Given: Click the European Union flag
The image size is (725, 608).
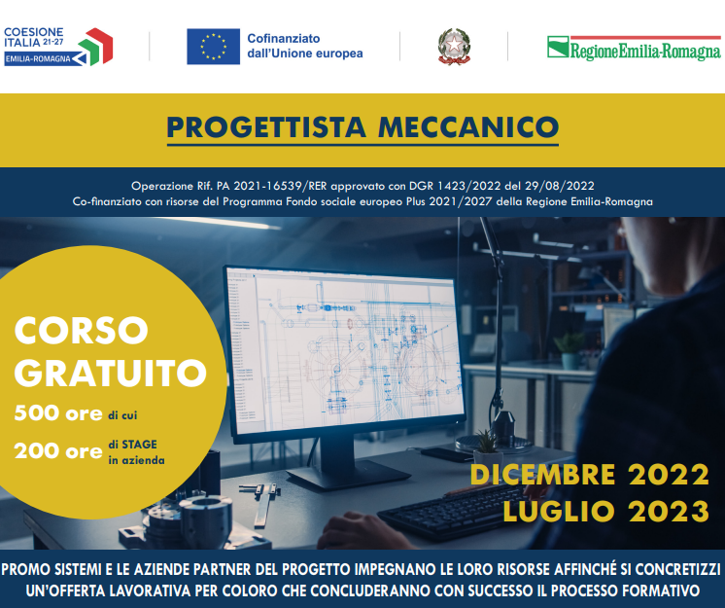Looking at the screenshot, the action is tap(213, 47).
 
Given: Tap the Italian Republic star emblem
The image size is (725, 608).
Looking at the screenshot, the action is tap(454, 47).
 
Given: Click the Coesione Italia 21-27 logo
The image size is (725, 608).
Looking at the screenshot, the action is tap(58, 47).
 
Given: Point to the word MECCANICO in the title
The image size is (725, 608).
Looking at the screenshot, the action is tap(468, 126).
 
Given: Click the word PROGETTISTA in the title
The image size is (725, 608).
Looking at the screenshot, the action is tap(266, 126).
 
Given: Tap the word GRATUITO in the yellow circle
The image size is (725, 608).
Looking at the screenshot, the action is tap(111, 373).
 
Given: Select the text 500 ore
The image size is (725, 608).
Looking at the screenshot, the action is tap(58, 412).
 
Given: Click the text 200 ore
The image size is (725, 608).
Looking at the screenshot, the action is tap(58, 450).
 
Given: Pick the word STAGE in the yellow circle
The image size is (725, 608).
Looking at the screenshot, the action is tap(139, 445).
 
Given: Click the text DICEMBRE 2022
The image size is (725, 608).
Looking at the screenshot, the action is tap(590, 475).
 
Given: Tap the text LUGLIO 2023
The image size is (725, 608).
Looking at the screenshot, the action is tap(606, 512).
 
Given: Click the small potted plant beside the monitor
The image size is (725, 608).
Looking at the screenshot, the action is tap(487, 447).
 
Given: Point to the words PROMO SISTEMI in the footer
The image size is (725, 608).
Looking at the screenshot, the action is tap(52, 569).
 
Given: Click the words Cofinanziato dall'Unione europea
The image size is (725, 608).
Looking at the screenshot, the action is tap(305, 46).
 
